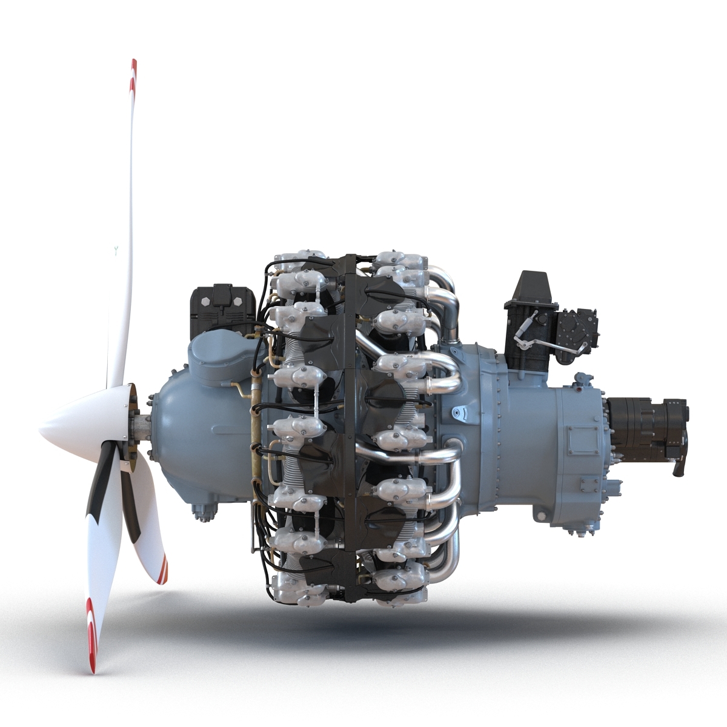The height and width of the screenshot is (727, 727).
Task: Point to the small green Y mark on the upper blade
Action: click(116, 251)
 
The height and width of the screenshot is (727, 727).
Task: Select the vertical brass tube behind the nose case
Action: click(254, 424)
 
